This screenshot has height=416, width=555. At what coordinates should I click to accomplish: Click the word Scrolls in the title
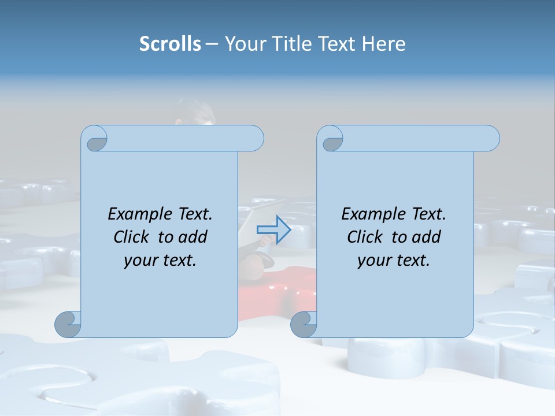point(170,44)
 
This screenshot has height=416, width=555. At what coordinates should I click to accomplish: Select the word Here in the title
point(383,44)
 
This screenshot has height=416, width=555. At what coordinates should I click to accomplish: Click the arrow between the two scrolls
point(273,229)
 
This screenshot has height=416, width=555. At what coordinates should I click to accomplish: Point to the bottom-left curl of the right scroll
point(304,324)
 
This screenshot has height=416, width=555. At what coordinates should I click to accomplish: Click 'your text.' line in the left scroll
point(160,261)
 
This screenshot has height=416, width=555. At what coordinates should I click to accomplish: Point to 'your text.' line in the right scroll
point(394,261)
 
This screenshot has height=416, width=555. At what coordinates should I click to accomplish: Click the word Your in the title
point(243,44)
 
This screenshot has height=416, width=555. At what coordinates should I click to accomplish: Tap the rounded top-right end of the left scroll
point(254,139)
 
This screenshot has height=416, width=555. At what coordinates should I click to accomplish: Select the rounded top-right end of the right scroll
point(490,139)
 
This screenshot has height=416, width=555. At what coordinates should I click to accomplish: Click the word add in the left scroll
point(193,237)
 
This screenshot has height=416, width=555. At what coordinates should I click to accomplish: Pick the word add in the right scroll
point(427,237)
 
